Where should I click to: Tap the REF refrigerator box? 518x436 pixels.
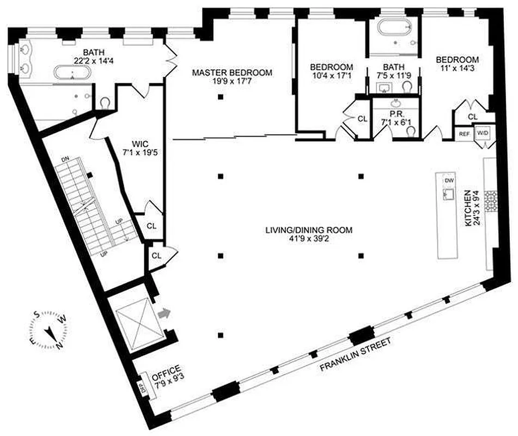coord(464,133)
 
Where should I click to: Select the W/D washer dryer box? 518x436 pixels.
coord(483,133)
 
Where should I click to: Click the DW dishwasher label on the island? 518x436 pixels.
coord(449,180)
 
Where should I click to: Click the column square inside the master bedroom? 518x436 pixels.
coord(221,97)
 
